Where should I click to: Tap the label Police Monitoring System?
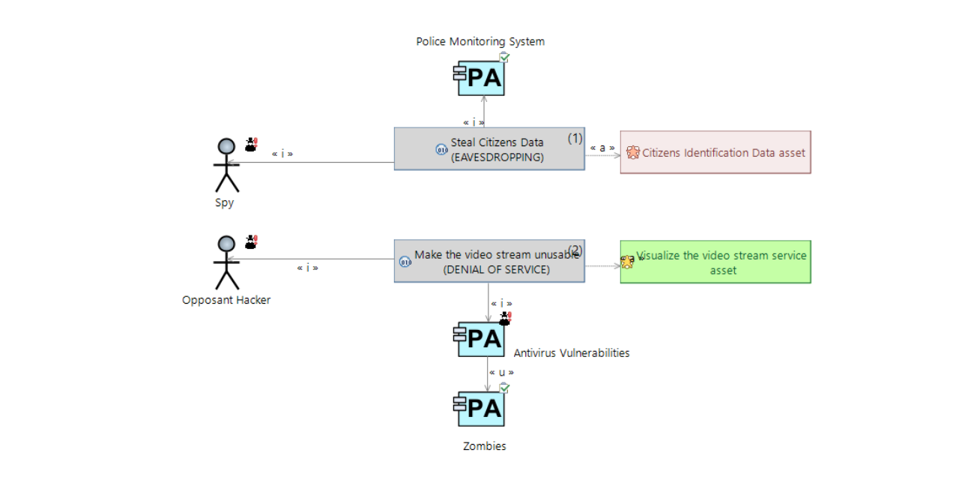(x=480, y=41)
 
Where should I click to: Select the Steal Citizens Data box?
(x=489, y=149)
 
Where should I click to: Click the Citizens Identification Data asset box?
(x=716, y=152)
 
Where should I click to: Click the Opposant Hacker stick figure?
(x=226, y=262)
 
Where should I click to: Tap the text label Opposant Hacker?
(x=226, y=300)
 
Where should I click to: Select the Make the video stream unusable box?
(x=489, y=262)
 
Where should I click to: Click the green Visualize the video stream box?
(x=716, y=262)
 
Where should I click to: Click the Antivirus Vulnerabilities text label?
(x=572, y=352)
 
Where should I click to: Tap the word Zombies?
(x=485, y=446)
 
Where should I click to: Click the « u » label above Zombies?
(x=501, y=372)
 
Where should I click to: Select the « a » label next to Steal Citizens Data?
(x=602, y=147)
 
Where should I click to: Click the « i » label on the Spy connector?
(x=282, y=154)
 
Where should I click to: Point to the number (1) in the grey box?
(x=575, y=138)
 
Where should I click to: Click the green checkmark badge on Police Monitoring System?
(x=504, y=57)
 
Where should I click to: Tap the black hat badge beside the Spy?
(x=251, y=144)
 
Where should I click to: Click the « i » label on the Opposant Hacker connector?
(x=308, y=267)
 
